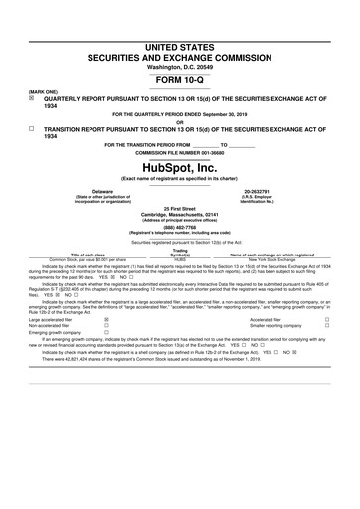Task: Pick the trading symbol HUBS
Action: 180,257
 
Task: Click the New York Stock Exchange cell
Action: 271,257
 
